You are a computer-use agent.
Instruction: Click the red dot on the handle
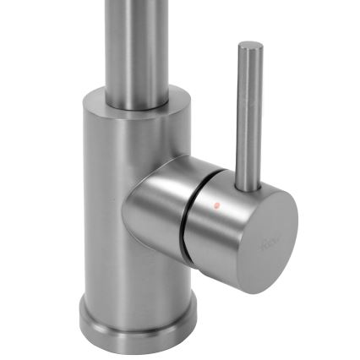(216, 205)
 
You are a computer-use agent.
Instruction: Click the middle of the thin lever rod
(248, 110)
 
